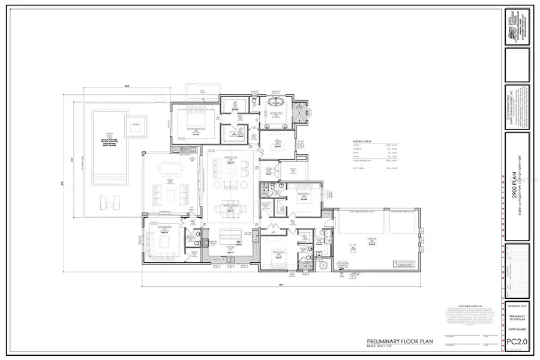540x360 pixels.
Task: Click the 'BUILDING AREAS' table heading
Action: click(362, 142)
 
